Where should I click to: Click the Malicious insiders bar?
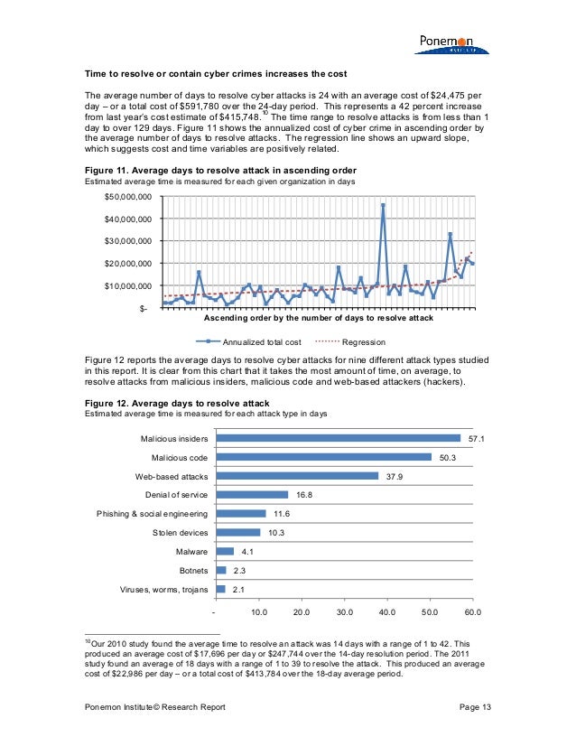pos(339,438)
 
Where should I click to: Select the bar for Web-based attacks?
pos(297,475)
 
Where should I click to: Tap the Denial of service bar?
pos(252,494)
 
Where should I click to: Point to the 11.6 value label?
pos(280,513)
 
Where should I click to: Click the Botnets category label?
pos(193,570)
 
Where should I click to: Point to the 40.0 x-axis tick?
pos(387,611)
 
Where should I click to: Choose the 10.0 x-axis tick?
pos(258,611)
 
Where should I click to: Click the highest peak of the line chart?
pos(383,205)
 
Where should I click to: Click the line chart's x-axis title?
pos(318,319)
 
